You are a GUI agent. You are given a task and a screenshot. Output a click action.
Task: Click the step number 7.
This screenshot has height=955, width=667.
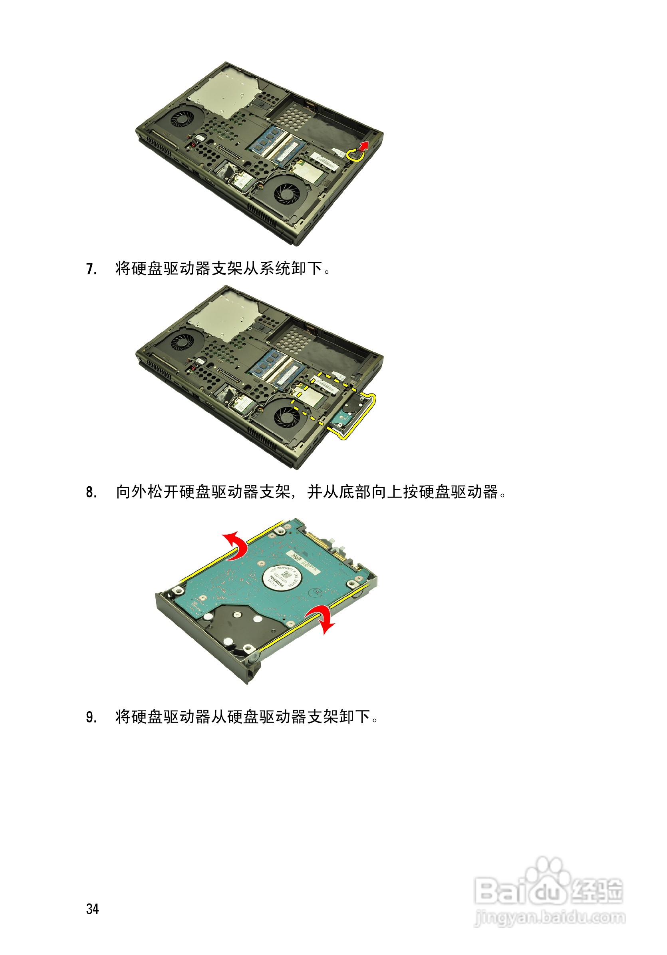[x=91, y=269]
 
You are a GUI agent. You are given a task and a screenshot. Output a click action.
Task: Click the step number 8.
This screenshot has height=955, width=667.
[x=91, y=492]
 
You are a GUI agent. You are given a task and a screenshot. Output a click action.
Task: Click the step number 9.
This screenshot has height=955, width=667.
[x=91, y=717]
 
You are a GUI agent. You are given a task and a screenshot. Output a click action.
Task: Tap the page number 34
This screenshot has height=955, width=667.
[x=92, y=909]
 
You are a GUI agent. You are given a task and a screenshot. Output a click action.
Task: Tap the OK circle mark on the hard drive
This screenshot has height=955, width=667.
[x=316, y=592]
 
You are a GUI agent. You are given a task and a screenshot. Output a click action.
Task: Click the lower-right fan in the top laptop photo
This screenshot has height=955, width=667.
[x=286, y=191]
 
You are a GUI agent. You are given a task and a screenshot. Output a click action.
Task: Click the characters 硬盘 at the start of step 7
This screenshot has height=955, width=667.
[x=147, y=269]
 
